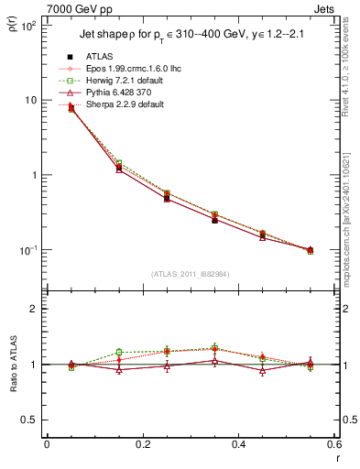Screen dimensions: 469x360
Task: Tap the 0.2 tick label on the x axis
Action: (x=143, y=444)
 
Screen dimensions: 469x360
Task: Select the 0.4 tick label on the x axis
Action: (x=239, y=444)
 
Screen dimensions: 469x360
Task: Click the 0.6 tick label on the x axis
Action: (x=335, y=444)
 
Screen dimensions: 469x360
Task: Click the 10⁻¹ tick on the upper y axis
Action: (x=27, y=250)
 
